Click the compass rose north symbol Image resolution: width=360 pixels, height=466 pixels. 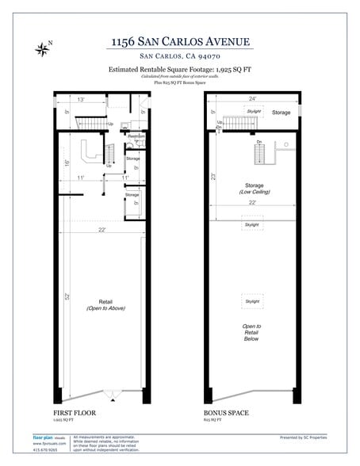[x=43, y=49]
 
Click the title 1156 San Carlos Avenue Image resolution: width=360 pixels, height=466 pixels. [x=182, y=41]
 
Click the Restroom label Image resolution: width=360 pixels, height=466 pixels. [x=136, y=136]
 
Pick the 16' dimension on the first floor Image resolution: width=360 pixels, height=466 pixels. [x=68, y=164]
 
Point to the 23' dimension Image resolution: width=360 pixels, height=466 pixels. [x=215, y=177]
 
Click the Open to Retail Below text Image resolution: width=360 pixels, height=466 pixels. [x=252, y=332]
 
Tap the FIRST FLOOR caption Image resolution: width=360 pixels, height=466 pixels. [x=75, y=413]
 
